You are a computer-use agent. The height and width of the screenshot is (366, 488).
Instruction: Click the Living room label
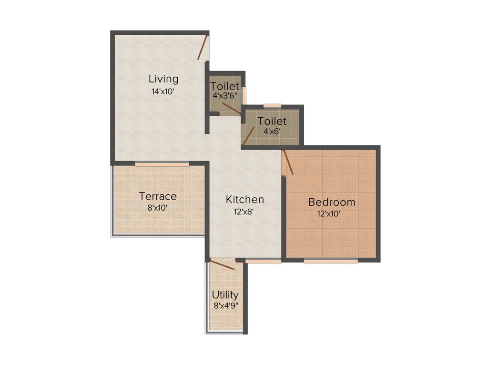click(x=163, y=79)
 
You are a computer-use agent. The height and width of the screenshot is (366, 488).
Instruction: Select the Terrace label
click(x=158, y=196)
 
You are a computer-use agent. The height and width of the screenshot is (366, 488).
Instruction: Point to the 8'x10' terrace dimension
click(x=158, y=208)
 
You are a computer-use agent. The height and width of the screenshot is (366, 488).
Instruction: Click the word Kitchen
click(x=245, y=200)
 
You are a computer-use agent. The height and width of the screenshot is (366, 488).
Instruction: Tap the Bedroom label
click(x=332, y=202)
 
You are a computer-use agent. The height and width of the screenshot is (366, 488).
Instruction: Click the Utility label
click(x=225, y=295)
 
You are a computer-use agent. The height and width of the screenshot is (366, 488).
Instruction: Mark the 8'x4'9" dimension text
click(x=226, y=306)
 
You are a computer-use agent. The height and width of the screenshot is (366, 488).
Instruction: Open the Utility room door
click(x=222, y=264)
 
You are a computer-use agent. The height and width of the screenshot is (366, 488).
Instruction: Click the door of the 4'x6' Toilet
click(x=249, y=135)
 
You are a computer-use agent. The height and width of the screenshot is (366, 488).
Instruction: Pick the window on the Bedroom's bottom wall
click(x=330, y=261)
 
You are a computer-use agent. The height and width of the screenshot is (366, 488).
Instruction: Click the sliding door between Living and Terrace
click(x=162, y=164)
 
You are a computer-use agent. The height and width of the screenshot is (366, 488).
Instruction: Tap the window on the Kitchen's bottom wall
click(x=263, y=261)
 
